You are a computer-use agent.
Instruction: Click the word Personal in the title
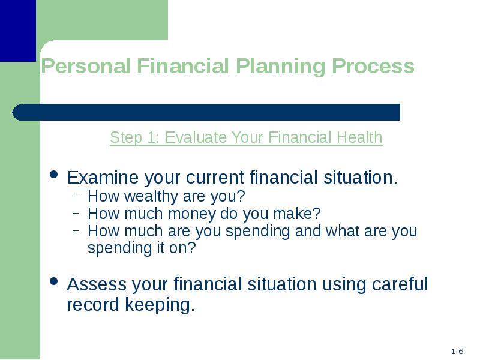pyautogui.click(x=85, y=66)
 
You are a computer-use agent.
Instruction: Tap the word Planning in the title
pyautogui.click(x=280, y=67)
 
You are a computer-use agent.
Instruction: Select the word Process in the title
pyautogui.click(x=373, y=66)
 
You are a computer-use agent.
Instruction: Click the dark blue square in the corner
pyautogui.click(x=18, y=31)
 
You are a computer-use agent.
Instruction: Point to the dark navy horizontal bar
pyautogui.click(x=206, y=112)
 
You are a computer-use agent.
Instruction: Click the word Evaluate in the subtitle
pyautogui.click(x=196, y=137)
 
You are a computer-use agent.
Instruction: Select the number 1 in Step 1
pyautogui.click(x=152, y=137)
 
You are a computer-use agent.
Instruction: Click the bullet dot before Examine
pyautogui.click(x=54, y=174)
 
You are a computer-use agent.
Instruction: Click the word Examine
pyautogui.click(x=103, y=177)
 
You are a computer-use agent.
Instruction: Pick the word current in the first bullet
pyautogui.click(x=215, y=178)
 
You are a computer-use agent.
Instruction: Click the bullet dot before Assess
pyautogui.click(x=54, y=281)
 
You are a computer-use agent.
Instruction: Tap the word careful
pyautogui.click(x=400, y=284)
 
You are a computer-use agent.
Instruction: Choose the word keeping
pyautogui.click(x=160, y=305)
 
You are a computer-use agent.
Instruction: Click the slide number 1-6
pyautogui.click(x=457, y=351)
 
